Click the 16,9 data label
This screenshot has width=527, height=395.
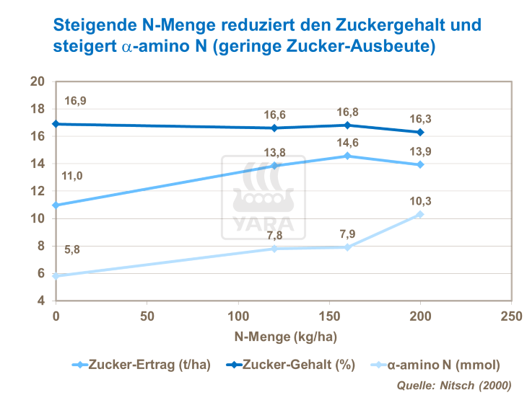click(x=76, y=101)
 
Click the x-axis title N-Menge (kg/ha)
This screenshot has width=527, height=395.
click(x=284, y=335)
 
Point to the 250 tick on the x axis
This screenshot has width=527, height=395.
click(x=511, y=316)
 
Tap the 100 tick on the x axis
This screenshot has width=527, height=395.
click(x=238, y=316)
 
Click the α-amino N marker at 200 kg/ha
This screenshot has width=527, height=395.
click(x=420, y=214)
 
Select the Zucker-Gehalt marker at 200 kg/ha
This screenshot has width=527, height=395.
click(x=420, y=132)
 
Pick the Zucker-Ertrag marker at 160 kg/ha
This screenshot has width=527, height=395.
click(x=347, y=156)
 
